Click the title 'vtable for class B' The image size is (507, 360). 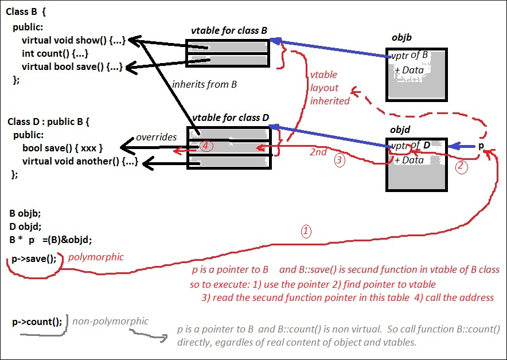coord(229,31)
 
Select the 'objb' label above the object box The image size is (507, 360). coord(401,38)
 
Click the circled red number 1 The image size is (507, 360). coord(306,232)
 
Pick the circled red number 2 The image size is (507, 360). coord(462,167)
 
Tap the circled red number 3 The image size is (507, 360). coord(340,161)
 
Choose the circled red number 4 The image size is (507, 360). coord(206,146)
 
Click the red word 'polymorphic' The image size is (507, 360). coord(96,257)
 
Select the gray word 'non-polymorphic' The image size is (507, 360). coord(110,321)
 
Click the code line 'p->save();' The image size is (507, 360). coord(34,259)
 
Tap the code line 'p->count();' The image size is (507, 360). coord(37,322)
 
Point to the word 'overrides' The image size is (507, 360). coord(155,138)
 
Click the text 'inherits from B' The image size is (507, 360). coord(205,84)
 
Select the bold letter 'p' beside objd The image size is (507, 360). coord(481,146)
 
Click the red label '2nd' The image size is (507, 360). coord(318,152)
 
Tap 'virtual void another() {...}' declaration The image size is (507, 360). coord(80,161)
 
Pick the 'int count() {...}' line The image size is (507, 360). coord(54,53)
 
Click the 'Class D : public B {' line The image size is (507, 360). coord(49,122)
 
